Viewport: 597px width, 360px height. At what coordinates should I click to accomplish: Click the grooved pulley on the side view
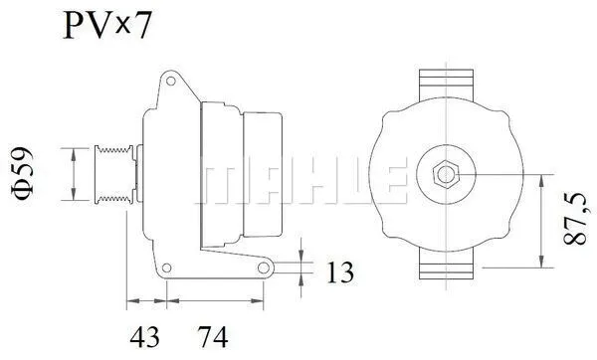(112, 175)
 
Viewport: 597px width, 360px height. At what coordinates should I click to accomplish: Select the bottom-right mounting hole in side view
(265, 268)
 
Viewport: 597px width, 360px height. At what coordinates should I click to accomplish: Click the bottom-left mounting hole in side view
(168, 267)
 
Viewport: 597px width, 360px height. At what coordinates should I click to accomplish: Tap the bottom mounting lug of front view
(445, 265)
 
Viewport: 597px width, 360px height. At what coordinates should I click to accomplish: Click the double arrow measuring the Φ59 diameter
(75, 174)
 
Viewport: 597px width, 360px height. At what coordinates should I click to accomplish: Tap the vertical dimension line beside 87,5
(540, 221)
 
